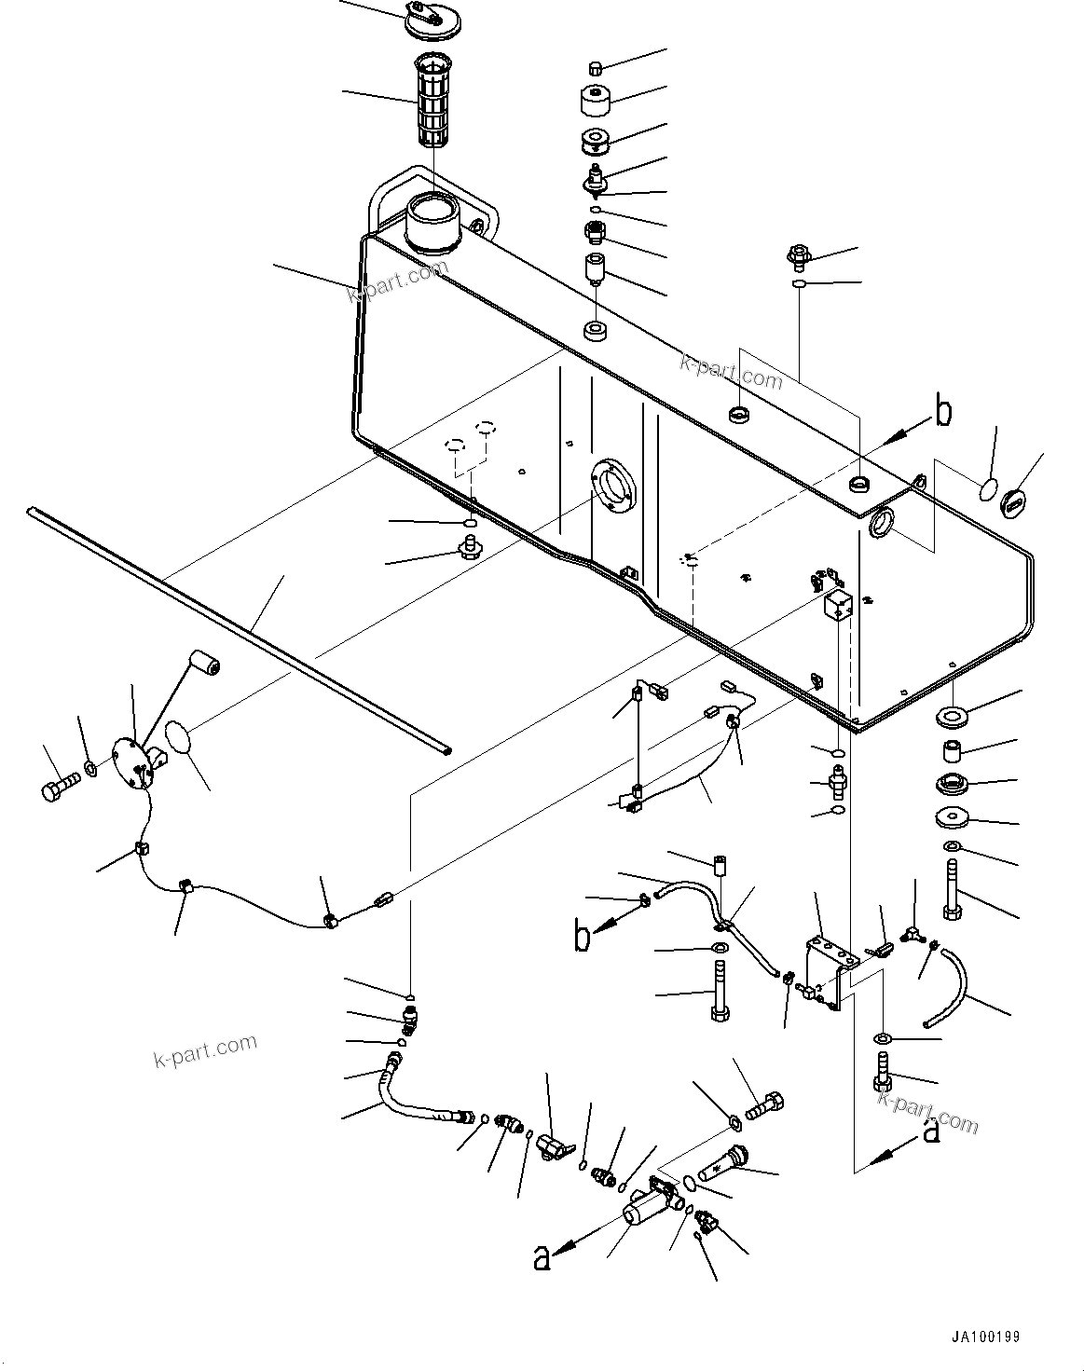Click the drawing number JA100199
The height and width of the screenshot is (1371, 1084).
click(985, 1337)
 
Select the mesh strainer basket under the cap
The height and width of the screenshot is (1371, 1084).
click(432, 103)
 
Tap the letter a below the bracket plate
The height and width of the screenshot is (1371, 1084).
click(930, 1131)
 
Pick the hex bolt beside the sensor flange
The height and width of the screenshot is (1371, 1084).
click(58, 787)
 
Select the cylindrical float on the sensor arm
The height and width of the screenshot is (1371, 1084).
click(205, 665)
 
